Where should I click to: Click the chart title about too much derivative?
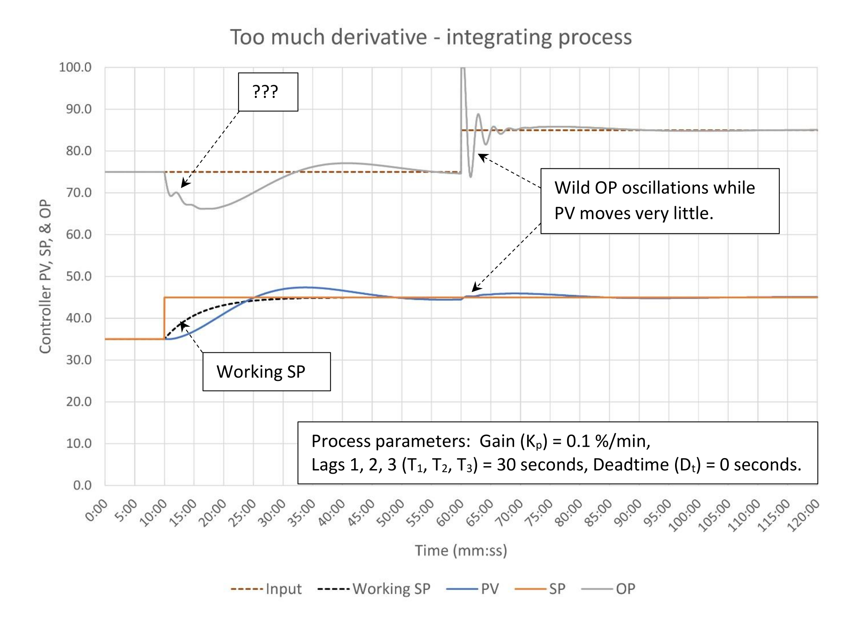(431, 37)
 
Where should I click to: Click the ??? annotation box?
(268, 92)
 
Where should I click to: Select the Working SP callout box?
(266, 372)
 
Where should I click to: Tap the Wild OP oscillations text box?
(660, 201)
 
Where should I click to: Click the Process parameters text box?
(557, 453)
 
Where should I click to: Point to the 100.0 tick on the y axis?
(75, 67)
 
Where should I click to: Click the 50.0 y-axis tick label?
(79, 276)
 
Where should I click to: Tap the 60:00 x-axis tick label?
(450, 513)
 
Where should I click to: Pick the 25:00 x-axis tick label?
(242, 513)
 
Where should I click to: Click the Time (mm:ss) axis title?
(461, 550)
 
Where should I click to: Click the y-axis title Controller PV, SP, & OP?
(45, 276)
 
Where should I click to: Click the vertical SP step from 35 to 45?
(164, 318)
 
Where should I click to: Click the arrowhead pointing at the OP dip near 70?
(184, 184)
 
